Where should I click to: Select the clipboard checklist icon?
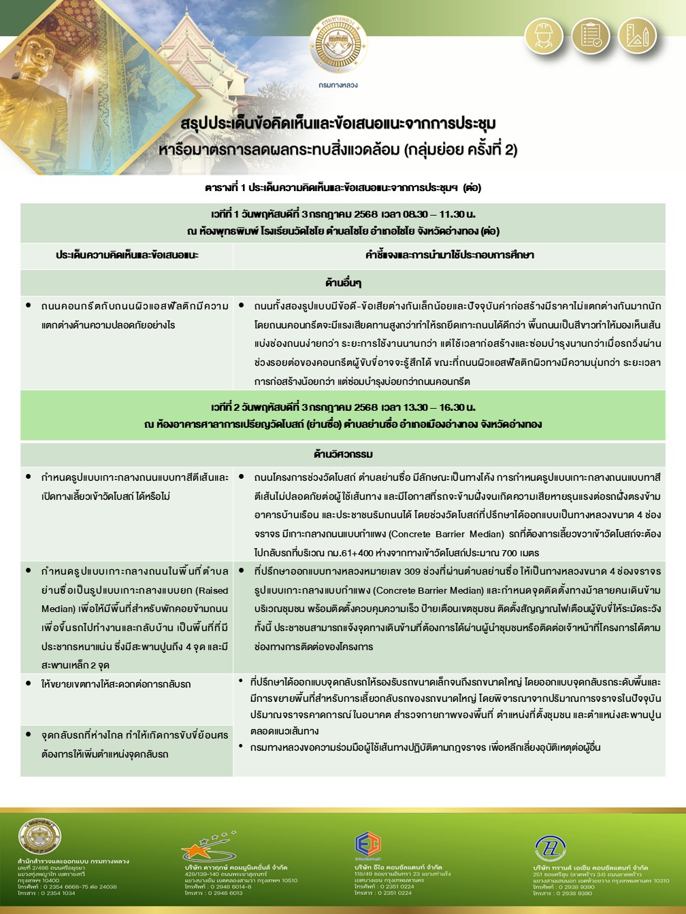[590, 34]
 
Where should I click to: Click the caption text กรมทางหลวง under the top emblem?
[338, 85]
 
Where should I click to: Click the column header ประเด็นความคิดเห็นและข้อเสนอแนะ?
[127, 255]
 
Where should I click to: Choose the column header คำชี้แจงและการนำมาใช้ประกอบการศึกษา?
[449, 255]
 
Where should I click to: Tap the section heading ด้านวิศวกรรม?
[343, 454]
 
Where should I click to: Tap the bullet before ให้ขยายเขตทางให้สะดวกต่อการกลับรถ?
[28, 682]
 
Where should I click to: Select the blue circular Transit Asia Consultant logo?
[548, 847]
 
